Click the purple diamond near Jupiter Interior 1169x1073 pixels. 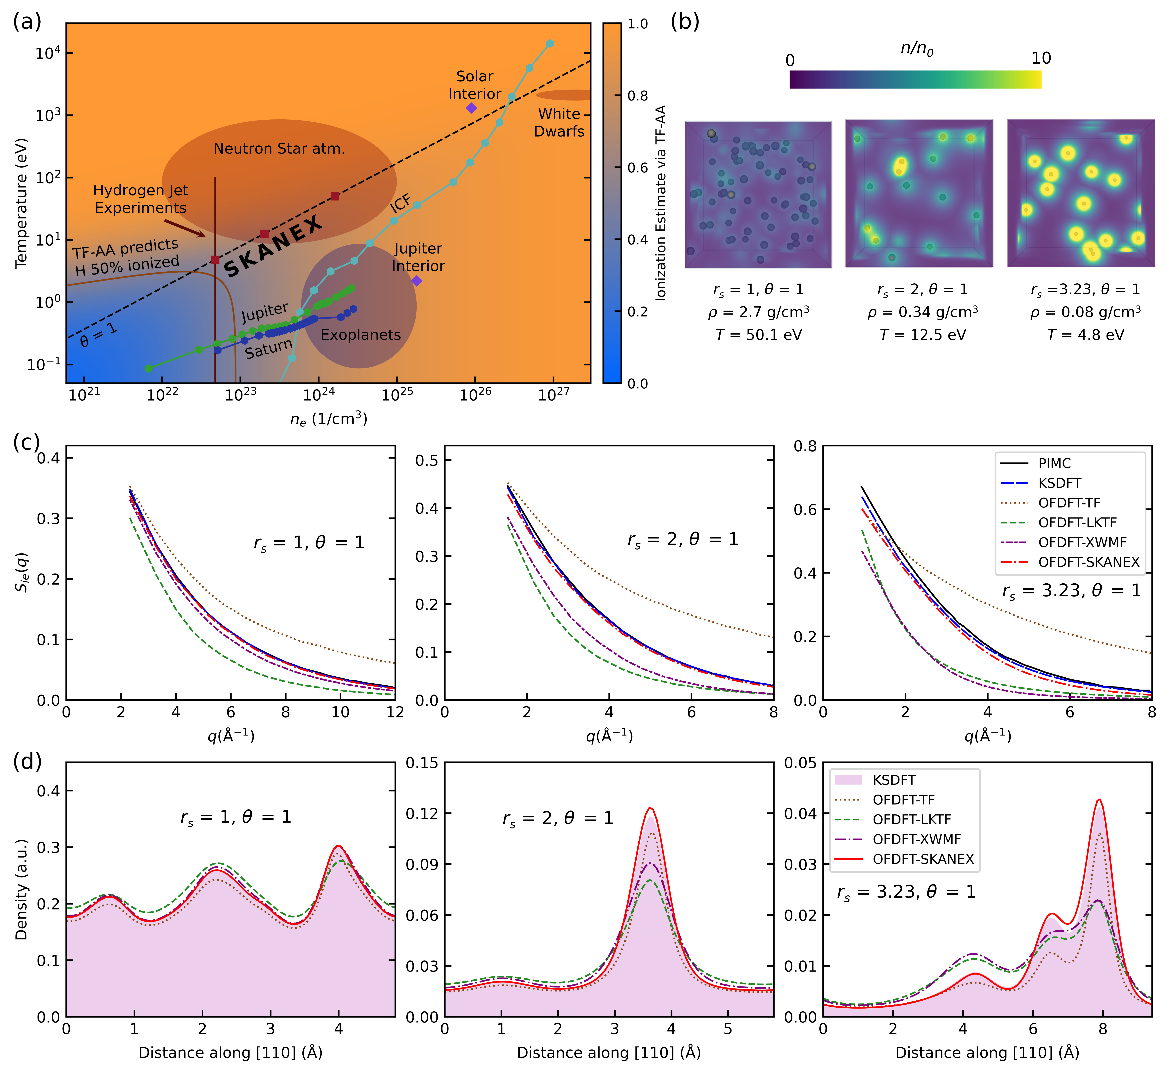pos(417,281)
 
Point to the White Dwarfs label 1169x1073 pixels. pos(559,122)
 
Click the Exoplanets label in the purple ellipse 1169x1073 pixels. pos(360,335)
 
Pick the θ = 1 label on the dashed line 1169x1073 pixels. pos(99,336)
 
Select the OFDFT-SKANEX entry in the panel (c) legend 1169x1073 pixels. pos(1088,562)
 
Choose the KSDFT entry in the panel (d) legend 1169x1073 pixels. pos(894,780)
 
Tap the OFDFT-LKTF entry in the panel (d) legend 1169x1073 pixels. pos(911,819)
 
